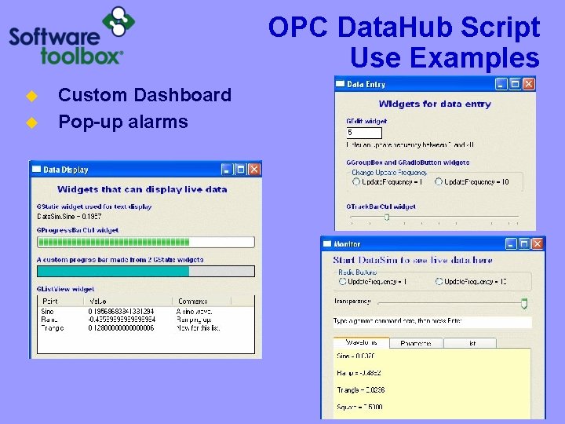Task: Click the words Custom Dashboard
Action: (x=144, y=95)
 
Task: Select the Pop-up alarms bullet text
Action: (x=123, y=122)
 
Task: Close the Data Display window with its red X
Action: (x=254, y=169)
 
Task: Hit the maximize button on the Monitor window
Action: (x=523, y=243)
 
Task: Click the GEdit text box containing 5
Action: (x=363, y=133)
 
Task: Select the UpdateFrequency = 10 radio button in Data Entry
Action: (x=439, y=181)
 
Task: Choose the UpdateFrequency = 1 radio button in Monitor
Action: (x=343, y=281)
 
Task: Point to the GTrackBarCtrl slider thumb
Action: (x=387, y=217)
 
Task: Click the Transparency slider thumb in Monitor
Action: (x=524, y=302)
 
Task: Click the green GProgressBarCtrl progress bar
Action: (x=146, y=243)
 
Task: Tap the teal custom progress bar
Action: (x=113, y=271)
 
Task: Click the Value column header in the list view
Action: (x=98, y=301)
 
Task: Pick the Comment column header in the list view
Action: (x=193, y=301)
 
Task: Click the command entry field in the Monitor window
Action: (x=432, y=322)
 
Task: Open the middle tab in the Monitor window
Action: (x=416, y=343)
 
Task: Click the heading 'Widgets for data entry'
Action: (x=435, y=104)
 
